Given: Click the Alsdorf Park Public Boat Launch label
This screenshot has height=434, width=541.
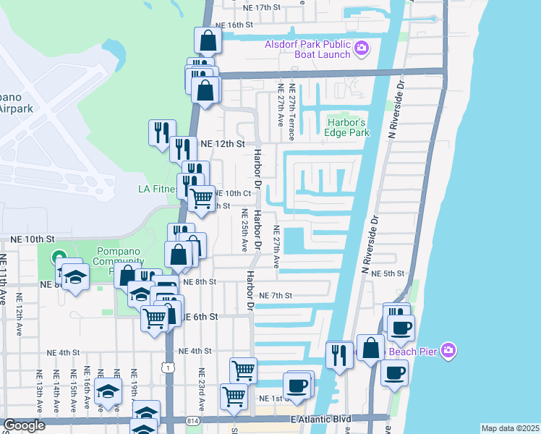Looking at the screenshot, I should [307, 48].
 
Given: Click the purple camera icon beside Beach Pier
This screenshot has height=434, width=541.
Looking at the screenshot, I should [449, 350].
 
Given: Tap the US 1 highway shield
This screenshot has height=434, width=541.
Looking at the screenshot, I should [168, 369].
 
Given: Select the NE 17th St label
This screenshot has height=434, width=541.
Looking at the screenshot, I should [262, 7].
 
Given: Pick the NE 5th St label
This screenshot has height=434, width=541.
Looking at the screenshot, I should [387, 273].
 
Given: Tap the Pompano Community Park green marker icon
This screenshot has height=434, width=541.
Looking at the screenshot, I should [58, 258].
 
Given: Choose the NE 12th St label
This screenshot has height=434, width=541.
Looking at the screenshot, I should [219, 144].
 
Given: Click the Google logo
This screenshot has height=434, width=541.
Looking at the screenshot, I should [24, 425].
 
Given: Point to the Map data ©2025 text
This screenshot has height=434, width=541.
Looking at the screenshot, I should [510, 428].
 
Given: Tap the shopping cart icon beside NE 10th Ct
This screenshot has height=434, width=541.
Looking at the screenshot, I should [202, 197].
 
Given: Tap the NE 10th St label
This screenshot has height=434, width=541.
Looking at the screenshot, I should [33, 238].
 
